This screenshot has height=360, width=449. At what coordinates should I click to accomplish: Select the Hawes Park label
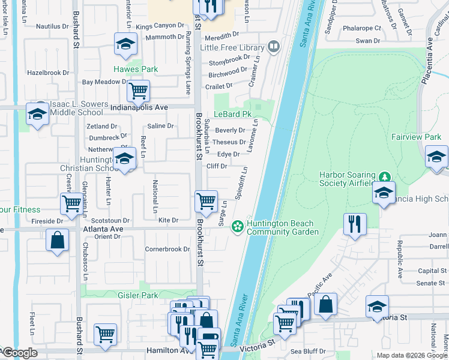pos(136,69)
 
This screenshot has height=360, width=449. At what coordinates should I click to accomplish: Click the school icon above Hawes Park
pos(126,44)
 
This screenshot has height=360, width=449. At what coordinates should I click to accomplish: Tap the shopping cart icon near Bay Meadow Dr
pos(138,91)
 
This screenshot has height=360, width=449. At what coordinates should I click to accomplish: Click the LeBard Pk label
pos(232,114)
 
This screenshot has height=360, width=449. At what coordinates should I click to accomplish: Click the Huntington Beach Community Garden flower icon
pos(238,226)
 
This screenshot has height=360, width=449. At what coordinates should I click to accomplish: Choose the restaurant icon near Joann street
pos(355,224)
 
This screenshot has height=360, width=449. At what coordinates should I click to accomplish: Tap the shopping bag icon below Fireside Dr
pos(58,241)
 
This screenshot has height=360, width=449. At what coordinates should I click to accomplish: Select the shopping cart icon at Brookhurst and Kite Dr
pos(206,201)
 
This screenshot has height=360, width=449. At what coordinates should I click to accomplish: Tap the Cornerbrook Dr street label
pos(167,249)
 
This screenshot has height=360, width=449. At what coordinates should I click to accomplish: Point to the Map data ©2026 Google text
pos(412,355)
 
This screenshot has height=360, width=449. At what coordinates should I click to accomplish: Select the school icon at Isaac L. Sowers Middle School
pos(37,114)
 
